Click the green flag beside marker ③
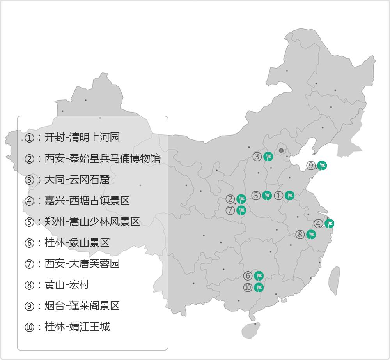pyautogui.click(x=268, y=157)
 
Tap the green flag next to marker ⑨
pyautogui.click(x=322, y=166)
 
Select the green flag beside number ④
pyautogui.click(x=330, y=224)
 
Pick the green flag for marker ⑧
pyautogui.click(x=311, y=235)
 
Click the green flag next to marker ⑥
pyautogui.click(x=259, y=276)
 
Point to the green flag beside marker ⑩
pyautogui.click(x=259, y=288)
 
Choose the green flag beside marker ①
pyautogui.click(x=289, y=196)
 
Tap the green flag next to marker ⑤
pyautogui.click(x=267, y=196)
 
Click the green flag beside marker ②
pyautogui.click(x=241, y=199)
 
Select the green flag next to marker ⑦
pyautogui.click(x=241, y=210)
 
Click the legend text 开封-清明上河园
pyautogui.click(x=82, y=138)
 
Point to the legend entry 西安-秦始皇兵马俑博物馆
pyautogui.click(x=102, y=159)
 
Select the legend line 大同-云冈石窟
pyautogui.click(x=77, y=180)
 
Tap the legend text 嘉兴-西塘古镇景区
pyautogui.click(x=87, y=201)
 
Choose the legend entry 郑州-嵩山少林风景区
pyautogui.click(x=92, y=222)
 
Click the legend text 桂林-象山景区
pyautogui.click(x=77, y=243)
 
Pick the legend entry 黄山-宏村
pyautogui.click(x=67, y=285)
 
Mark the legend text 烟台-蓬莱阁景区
pyautogui.click(x=82, y=306)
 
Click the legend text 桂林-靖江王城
pyautogui.click(x=77, y=326)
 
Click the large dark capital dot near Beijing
pyautogui.click(x=281, y=150)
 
